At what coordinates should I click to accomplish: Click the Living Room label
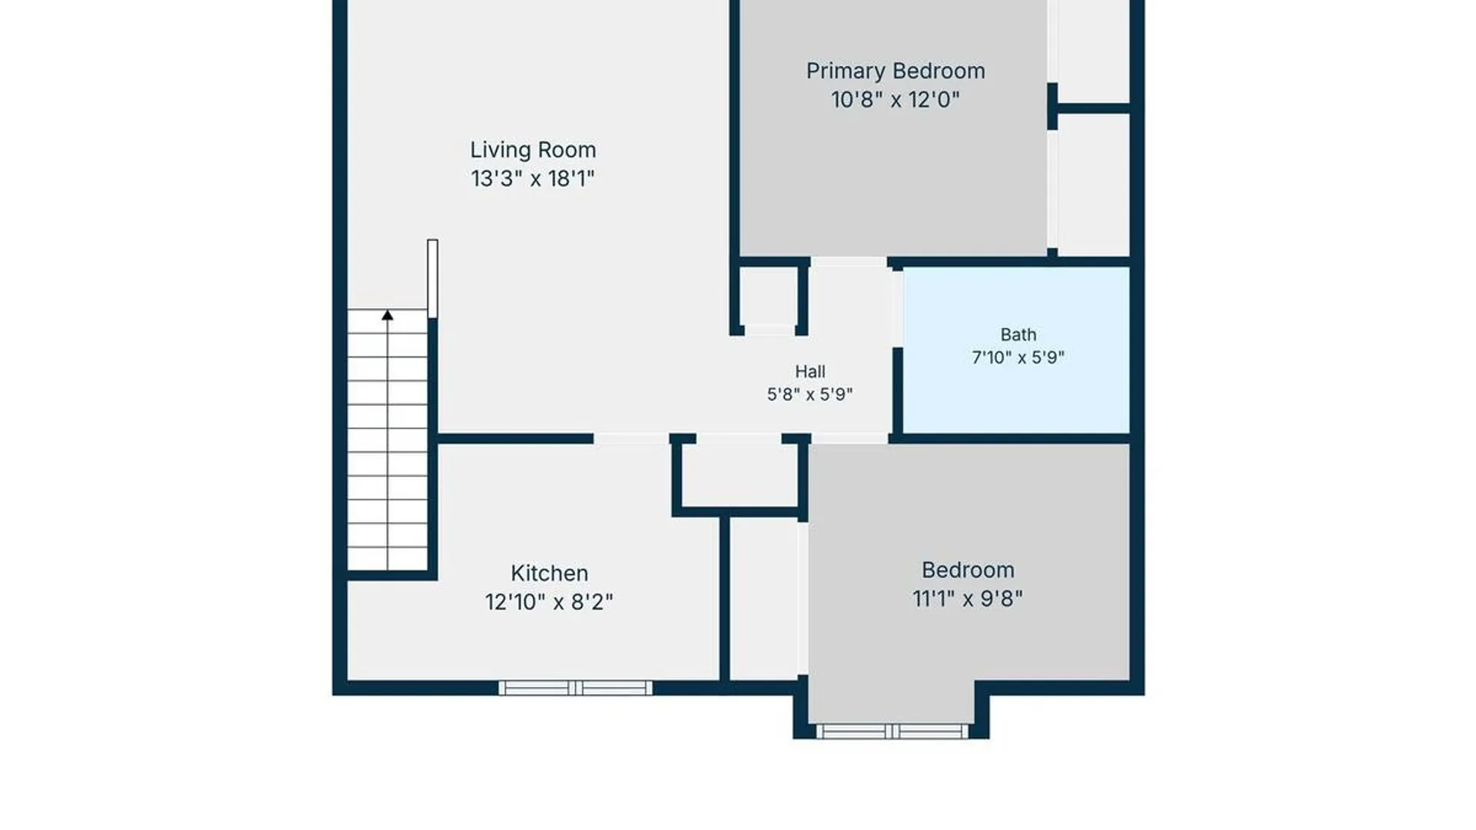(533, 150)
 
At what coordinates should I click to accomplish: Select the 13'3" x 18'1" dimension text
(533, 179)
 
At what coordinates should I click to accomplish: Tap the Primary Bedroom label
(896, 71)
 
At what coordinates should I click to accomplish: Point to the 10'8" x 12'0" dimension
(896, 100)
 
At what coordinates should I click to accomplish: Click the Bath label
(1018, 334)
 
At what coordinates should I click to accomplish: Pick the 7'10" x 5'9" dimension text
(1018, 357)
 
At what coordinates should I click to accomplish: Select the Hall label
(810, 372)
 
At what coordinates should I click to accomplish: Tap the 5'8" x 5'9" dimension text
(810, 394)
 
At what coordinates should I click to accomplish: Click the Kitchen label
(549, 573)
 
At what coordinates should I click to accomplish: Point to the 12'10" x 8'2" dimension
(549, 602)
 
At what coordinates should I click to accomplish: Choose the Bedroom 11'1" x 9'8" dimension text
(968, 599)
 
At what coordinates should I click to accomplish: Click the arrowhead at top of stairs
(387, 315)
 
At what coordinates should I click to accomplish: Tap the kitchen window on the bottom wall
(575, 688)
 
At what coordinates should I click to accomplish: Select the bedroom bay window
(892, 731)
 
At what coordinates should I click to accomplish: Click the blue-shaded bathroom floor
(1016, 350)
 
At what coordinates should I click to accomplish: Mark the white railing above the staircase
(433, 278)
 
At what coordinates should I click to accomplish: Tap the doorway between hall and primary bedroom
(849, 262)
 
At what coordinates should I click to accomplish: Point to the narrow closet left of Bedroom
(763, 599)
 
